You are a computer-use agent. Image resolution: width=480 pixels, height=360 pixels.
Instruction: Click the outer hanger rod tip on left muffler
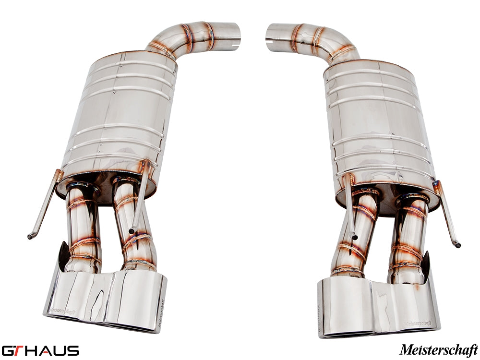pyautogui.click(x=30, y=236)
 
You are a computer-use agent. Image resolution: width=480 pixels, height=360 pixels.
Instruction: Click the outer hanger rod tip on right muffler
pyautogui.click(x=458, y=245)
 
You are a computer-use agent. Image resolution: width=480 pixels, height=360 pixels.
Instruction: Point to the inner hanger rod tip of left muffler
pyautogui.click(x=132, y=231)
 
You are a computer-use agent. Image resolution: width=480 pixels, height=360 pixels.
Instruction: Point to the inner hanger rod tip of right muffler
pyautogui.click(x=354, y=236)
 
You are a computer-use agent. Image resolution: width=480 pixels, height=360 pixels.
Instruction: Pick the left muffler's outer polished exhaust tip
pyautogui.click(x=77, y=295)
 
